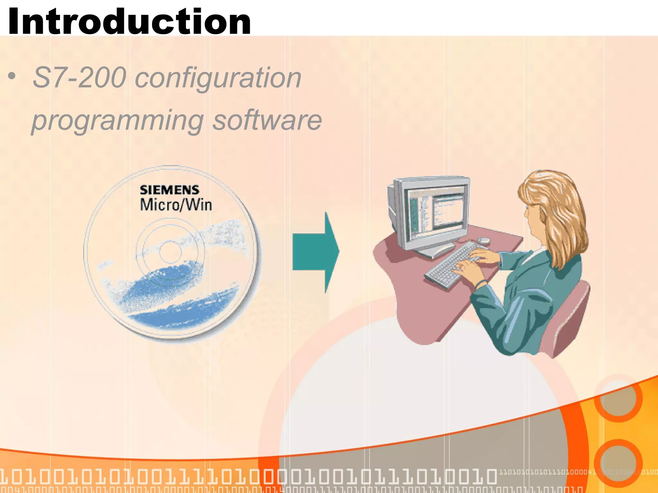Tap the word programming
tap(118, 121)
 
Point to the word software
tap(267, 120)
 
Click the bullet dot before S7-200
tap(12, 76)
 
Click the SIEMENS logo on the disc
tap(169, 190)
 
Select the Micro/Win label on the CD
tap(176, 205)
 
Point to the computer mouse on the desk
tap(483, 240)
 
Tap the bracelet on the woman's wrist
tap(481, 283)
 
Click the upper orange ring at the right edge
tap(618, 398)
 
